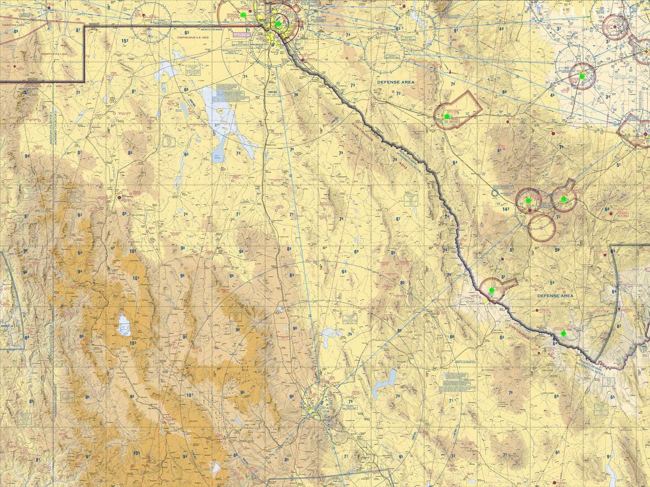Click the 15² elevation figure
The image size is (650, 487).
point(125,41)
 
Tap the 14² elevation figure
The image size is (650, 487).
point(506,209)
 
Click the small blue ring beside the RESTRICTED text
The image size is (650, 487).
point(495,193)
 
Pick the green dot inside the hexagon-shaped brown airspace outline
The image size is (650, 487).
point(447,116)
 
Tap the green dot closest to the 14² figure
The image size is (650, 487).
point(528,201)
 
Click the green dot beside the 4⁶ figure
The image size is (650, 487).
point(582,76)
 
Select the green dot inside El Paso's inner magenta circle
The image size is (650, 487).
point(278,24)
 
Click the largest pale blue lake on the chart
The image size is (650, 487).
point(222,116)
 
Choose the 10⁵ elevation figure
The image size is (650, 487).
point(136,453)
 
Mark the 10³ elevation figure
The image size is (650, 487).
point(133,343)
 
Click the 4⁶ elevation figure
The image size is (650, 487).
point(552,95)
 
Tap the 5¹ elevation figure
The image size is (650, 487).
point(618,165)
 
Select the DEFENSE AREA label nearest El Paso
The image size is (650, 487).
point(396,82)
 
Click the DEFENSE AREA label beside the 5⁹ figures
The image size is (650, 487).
point(555,296)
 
